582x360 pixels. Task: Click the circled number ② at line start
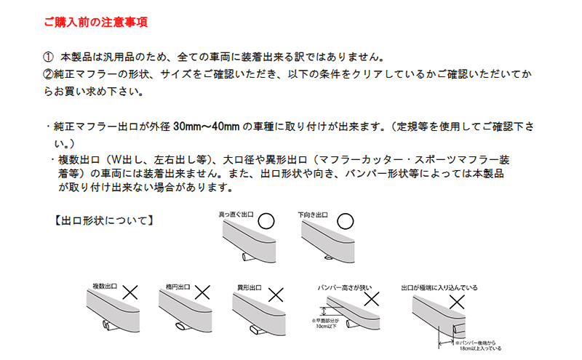pos(49,75)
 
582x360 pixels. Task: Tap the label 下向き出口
pos(314,215)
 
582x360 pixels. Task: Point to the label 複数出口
pos(105,287)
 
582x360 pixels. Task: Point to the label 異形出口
pos(250,288)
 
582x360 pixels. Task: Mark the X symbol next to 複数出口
pos(132,292)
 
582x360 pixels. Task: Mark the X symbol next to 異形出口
pos(276,294)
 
